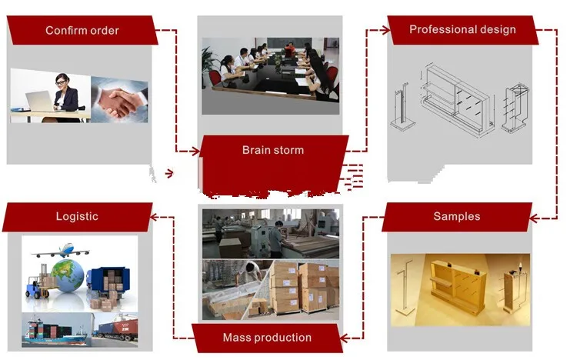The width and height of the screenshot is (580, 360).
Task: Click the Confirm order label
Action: pyautogui.click(x=82, y=31)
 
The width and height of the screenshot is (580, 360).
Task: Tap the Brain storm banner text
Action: pyautogui.click(x=272, y=150)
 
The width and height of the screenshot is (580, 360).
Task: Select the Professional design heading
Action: pyautogui.click(x=462, y=30)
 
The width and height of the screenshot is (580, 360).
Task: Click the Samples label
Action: pyautogui.click(x=456, y=216)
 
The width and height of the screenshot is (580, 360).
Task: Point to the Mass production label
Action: pyautogui.click(x=267, y=338)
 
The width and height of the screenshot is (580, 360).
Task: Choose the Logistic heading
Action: pyautogui.click(x=77, y=216)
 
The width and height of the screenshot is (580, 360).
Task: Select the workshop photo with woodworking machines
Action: pyautogui.click(x=269, y=232)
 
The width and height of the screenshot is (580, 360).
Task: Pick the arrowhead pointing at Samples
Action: pyautogui.click(x=552, y=218)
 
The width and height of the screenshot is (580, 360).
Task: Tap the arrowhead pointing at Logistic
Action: pyautogui.click(x=152, y=218)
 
